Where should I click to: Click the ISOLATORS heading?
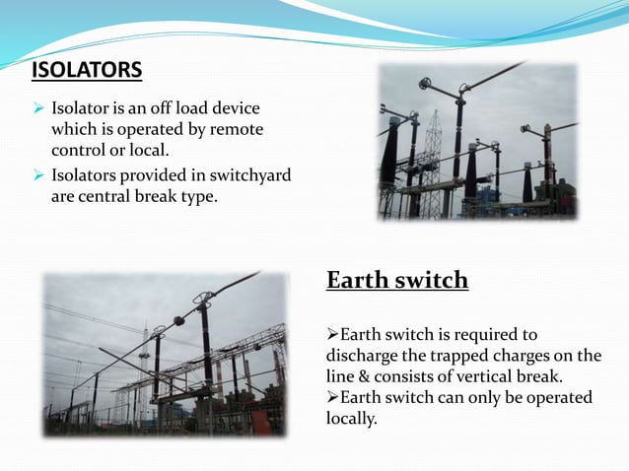click(x=87, y=71)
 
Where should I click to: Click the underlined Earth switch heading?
click(x=396, y=281)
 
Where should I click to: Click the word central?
click(x=108, y=196)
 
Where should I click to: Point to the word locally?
click(x=351, y=418)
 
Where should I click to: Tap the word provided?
click(x=155, y=176)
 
